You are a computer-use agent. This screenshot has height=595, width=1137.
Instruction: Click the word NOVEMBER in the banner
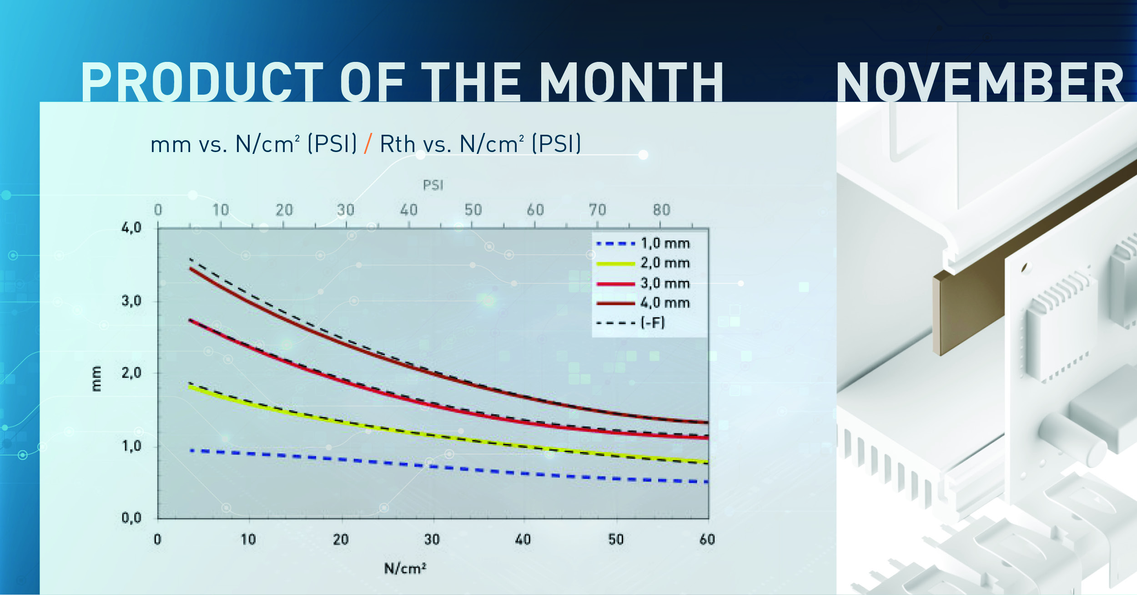tap(980, 82)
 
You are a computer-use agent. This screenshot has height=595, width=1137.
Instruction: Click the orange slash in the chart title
tap(368, 143)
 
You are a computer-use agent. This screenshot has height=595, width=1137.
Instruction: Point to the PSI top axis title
tap(433, 185)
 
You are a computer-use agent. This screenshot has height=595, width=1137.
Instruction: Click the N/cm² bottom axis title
tap(405, 568)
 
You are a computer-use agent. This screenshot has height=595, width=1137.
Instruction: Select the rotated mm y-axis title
tap(96, 378)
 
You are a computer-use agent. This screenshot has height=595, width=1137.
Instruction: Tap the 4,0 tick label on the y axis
tap(131, 228)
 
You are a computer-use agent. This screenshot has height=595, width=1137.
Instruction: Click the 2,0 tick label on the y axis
tap(131, 373)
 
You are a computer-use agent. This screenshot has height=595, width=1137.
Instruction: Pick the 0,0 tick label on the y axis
tap(131, 518)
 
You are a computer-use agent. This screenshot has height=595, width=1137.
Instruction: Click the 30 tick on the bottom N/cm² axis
tap(432, 539)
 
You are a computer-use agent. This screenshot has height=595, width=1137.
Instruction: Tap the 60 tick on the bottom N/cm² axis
tap(707, 539)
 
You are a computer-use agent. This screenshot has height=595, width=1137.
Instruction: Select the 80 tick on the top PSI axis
tap(662, 210)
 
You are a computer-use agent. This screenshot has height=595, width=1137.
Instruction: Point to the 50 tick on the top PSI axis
tap(473, 210)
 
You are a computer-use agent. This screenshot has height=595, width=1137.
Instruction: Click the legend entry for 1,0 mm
tap(643, 244)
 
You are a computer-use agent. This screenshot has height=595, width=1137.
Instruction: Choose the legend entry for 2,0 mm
tap(643, 263)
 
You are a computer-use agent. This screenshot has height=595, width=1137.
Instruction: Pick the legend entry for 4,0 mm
tap(643, 303)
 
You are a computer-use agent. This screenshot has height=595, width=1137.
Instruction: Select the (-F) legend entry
tap(630, 323)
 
